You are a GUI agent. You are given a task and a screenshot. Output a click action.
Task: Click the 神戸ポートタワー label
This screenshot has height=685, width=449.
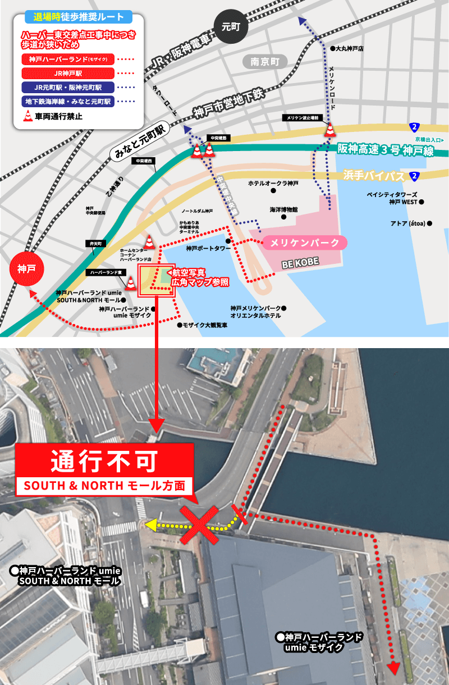coord(208,248)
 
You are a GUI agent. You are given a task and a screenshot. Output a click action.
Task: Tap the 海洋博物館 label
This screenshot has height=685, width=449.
coord(283,209)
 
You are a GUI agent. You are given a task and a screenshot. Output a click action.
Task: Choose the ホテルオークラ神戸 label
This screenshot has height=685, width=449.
coord(274,184)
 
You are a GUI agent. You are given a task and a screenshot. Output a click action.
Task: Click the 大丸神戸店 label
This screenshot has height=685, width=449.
coord(349,49)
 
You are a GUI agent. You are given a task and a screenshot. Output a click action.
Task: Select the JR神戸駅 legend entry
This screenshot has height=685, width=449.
coord(68,72)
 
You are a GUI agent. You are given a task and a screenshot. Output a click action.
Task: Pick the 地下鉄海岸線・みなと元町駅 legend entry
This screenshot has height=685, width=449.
coord(68,102)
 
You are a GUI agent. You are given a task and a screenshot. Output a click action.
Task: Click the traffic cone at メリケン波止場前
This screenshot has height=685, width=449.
coord(330,130)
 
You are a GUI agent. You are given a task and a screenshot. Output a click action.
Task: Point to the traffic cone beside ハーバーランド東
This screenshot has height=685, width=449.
coord(131,283)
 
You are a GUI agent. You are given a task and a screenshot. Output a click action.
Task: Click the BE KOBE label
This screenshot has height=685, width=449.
coord(300,262)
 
